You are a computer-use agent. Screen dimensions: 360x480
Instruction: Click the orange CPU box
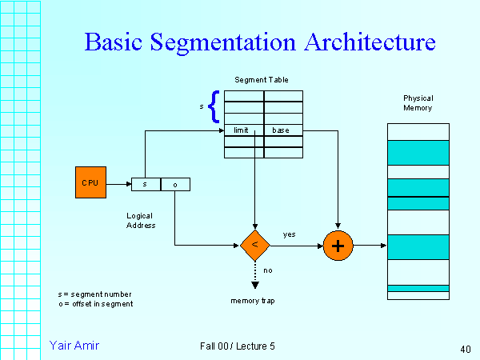click(90, 183)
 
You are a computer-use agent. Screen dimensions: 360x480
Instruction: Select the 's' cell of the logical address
click(146, 184)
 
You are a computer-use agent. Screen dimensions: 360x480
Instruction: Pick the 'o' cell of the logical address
click(175, 184)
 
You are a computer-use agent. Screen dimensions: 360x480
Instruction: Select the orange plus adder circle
click(338, 246)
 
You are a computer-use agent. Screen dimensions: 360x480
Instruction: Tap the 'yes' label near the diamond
click(290, 234)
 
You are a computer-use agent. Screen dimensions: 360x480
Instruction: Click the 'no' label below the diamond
click(268, 270)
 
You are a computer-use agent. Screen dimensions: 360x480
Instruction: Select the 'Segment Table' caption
click(262, 80)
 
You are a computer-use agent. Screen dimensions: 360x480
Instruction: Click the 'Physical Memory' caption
click(418, 103)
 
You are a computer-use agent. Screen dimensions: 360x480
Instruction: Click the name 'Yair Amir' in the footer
click(74, 345)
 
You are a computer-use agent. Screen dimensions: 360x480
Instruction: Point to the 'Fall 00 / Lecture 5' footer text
click(238, 346)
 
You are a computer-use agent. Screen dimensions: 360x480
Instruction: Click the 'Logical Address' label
click(141, 221)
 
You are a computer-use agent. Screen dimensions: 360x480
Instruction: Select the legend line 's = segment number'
click(90, 295)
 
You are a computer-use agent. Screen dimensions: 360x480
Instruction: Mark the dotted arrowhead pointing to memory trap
click(255, 284)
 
